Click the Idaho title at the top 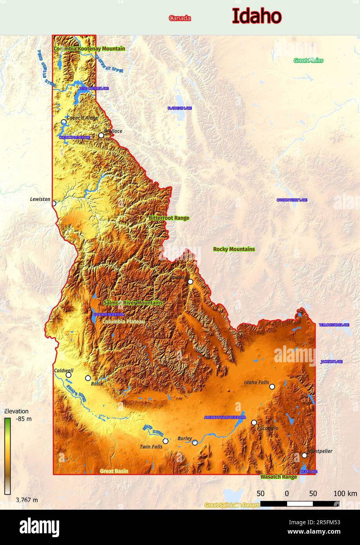(257, 16)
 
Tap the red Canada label (180, 18)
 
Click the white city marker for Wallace (101, 135)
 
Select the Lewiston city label (40, 199)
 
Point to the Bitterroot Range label (168, 218)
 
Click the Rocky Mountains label (234, 249)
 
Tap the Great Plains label (308, 60)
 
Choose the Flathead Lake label (179, 108)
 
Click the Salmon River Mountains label (133, 303)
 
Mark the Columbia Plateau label (124, 322)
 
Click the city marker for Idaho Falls (272, 387)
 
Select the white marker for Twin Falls (165, 441)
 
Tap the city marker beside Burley (195, 443)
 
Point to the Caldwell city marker (68, 375)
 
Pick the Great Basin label (114, 471)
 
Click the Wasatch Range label (279, 477)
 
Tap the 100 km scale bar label (345, 494)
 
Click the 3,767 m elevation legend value (27, 500)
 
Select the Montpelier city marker (304, 455)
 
